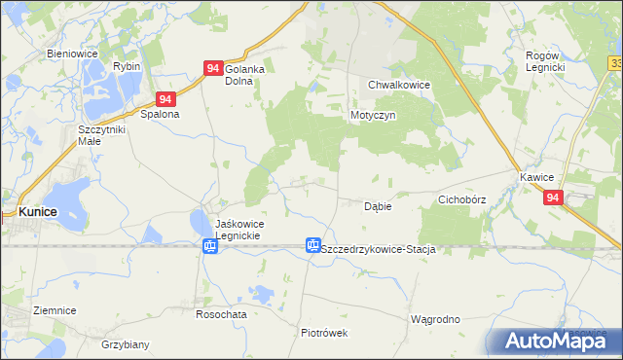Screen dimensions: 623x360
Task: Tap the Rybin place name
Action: coord(127,66)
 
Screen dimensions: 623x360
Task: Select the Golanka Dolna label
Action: coord(245,75)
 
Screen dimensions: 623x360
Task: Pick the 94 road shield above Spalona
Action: coord(165,99)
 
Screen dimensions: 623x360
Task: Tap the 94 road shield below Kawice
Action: coord(553,198)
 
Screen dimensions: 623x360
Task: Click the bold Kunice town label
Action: coord(40,211)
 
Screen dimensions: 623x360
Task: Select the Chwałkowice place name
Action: coord(399,85)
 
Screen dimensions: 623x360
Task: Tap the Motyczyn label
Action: coord(371,115)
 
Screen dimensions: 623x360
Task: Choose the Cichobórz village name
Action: coord(461,199)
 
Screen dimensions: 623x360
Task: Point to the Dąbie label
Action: coord(378,206)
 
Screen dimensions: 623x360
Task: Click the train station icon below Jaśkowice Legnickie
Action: coord(209,247)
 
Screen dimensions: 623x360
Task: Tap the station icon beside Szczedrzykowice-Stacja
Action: coord(312,246)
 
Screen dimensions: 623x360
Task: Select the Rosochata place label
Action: coord(220,313)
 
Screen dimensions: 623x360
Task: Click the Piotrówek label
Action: coord(324,332)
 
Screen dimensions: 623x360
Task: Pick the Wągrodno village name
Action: coord(434,319)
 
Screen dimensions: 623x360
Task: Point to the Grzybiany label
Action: coord(125,343)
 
